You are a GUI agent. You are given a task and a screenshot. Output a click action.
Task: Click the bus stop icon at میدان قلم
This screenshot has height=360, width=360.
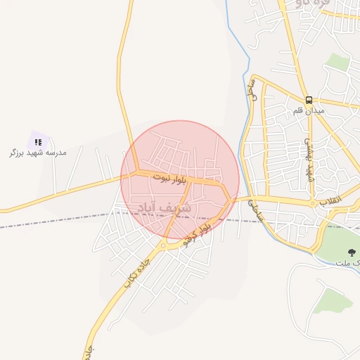coord(310,100)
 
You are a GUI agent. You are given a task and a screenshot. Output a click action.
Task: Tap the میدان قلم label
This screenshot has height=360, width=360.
coord(309,112)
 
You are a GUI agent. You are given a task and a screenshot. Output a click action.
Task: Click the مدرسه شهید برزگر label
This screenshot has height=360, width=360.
coord(37,152)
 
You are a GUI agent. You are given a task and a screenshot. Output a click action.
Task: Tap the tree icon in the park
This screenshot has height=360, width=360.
coord(352,252)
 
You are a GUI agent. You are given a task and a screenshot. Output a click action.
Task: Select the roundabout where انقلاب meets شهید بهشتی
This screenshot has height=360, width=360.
coord(313,204)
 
